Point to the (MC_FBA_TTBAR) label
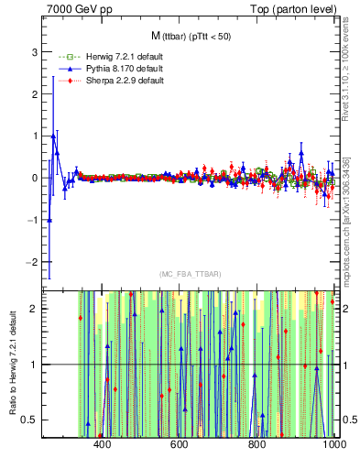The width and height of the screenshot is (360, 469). [x=189, y=274]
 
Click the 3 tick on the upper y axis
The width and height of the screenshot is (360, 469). [x=35, y=51]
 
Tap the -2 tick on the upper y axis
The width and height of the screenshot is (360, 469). [x=33, y=262]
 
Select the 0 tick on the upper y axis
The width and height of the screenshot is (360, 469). [x=35, y=178]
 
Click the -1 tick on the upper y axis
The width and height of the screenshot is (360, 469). [x=33, y=220]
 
